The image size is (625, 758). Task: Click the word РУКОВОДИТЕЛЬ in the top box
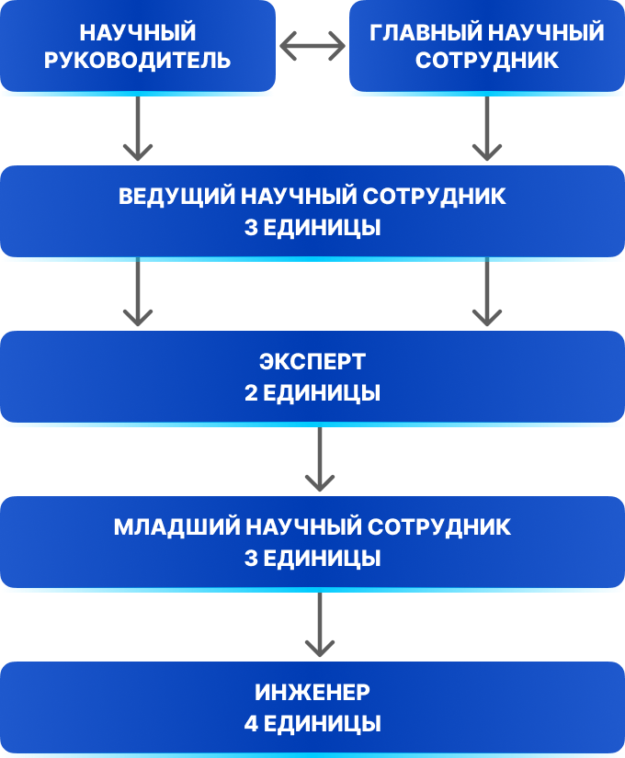[138, 61]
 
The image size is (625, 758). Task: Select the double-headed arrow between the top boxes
[312, 47]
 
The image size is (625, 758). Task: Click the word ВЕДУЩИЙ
[176, 198]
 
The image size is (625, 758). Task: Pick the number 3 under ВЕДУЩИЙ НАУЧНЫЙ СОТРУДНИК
[251, 227]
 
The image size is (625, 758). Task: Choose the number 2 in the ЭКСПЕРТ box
[251, 392]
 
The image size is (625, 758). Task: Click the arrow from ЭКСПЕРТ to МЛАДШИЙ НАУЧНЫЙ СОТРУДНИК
[319, 459]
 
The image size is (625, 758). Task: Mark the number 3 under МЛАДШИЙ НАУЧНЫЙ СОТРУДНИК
[251, 558]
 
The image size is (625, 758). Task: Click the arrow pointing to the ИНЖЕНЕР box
[319, 625]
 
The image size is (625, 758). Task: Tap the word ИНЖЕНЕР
[312, 694]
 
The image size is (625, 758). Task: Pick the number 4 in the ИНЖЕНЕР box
[251, 723]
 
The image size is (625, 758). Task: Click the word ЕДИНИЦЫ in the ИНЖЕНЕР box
[323, 723]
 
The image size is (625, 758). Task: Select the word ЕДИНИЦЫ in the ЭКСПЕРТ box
[323, 392]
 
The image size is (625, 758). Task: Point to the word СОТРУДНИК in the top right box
[486, 61]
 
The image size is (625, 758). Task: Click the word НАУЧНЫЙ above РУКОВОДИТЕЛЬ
[138, 33]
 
